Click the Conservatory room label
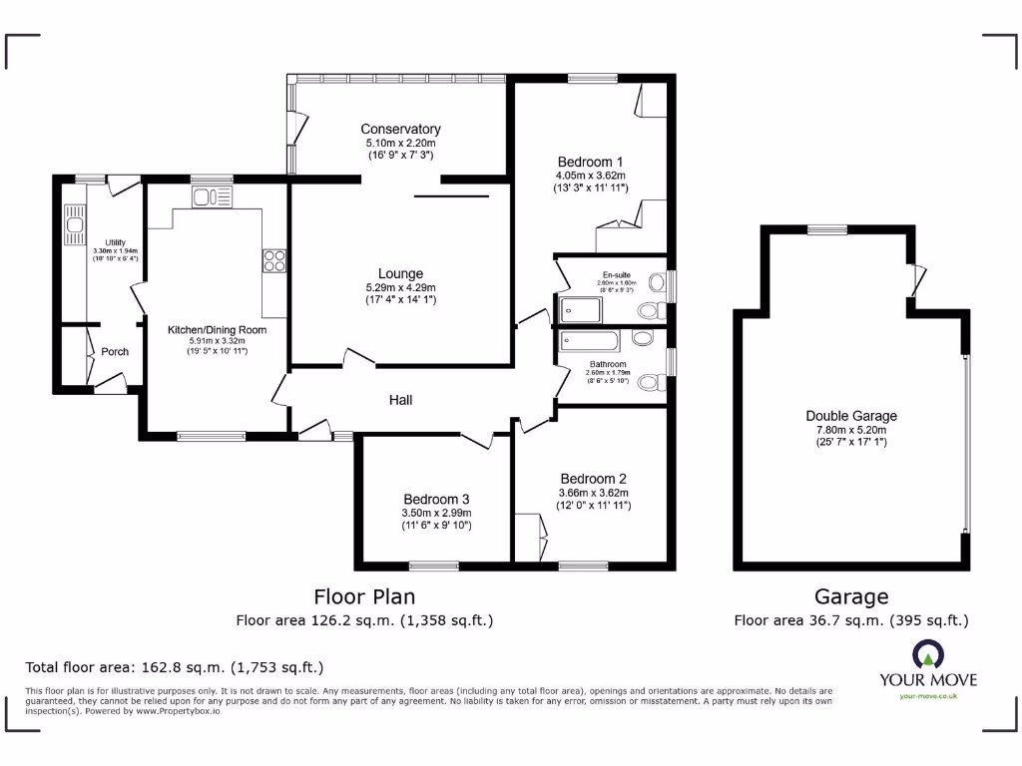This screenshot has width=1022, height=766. click(x=400, y=129)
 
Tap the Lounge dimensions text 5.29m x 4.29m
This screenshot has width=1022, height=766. click(x=400, y=287)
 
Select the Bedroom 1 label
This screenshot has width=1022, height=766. click(x=590, y=162)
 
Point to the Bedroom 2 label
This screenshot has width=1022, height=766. click(x=593, y=478)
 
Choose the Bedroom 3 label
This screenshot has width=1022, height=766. click(x=436, y=499)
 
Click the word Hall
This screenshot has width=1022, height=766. click(x=400, y=400)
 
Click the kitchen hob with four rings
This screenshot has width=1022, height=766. click(x=274, y=260)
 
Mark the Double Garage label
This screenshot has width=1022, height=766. click(x=851, y=416)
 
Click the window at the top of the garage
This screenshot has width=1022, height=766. click(x=827, y=230)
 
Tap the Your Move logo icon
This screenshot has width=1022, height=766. click(x=928, y=654)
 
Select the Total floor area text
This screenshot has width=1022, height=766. click(x=174, y=667)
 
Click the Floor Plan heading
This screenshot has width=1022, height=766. click(x=364, y=596)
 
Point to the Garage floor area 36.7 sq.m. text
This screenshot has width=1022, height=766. click(x=851, y=620)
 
